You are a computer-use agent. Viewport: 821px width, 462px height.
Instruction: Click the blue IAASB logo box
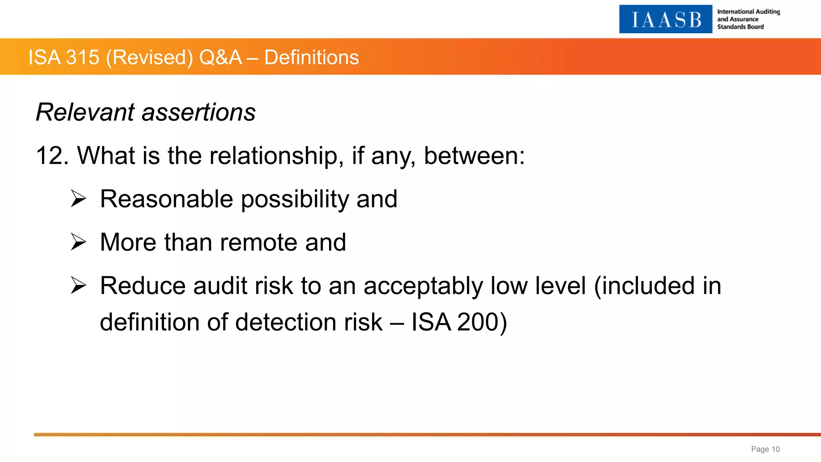point(665,19)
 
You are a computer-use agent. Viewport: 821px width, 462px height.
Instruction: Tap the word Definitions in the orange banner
point(311,57)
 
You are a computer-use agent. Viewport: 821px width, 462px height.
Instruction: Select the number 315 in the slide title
point(83,57)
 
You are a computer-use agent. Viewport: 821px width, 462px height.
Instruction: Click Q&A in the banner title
point(220,57)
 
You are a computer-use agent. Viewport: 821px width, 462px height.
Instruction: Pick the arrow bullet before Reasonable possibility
point(79,199)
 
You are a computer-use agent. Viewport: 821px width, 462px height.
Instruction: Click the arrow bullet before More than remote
point(79,242)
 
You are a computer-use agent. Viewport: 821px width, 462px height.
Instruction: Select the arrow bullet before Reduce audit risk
point(79,286)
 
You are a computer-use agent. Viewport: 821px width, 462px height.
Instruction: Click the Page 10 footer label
point(765,449)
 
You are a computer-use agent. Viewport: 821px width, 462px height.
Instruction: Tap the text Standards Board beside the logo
point(740,27)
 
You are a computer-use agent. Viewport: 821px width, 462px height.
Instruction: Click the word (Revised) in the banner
point(150,57)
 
